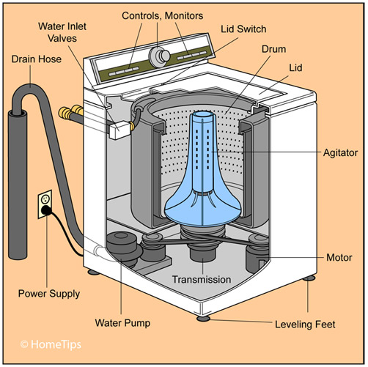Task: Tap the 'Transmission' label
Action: tap(201, 279)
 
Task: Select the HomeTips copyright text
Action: tap(51, 343)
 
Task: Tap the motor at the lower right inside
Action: tap(257, 256)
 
